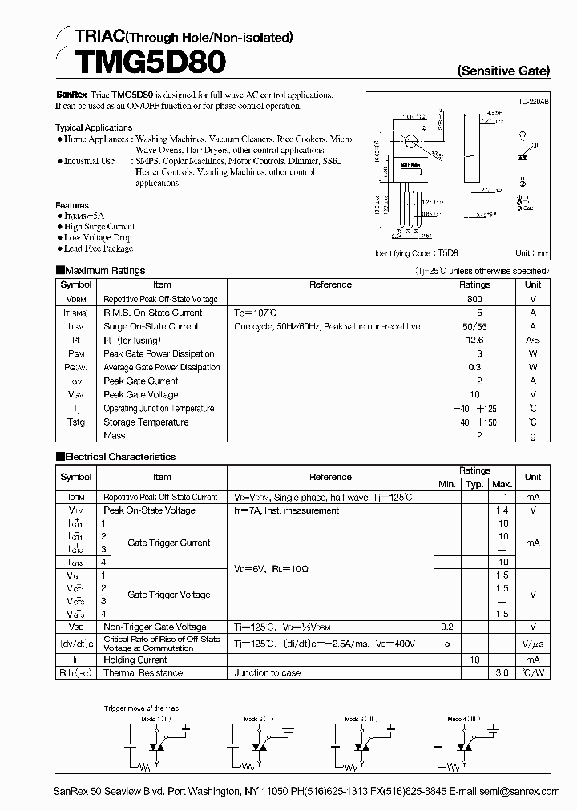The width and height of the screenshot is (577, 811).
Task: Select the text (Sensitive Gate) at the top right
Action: coord(503,71)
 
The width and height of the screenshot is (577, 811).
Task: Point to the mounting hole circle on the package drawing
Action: coord(411,143)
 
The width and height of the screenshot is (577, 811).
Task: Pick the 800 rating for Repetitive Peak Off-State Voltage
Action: coord(474,298)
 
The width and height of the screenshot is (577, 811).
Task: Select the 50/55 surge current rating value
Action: coord(474,326)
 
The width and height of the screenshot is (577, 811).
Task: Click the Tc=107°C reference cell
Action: coord(256,313)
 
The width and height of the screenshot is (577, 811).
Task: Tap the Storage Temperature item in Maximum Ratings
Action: coord(146,422)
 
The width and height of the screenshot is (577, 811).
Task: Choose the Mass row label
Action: coord(115,436)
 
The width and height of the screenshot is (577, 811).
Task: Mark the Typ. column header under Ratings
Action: coord(474,484)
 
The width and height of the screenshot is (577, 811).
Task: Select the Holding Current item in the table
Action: coord(135,660)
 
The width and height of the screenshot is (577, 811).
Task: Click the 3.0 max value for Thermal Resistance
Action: coord(502,673)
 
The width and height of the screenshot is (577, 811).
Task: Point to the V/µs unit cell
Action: coord(533,644)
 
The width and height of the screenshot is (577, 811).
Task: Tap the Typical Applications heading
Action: coord(94,127)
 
